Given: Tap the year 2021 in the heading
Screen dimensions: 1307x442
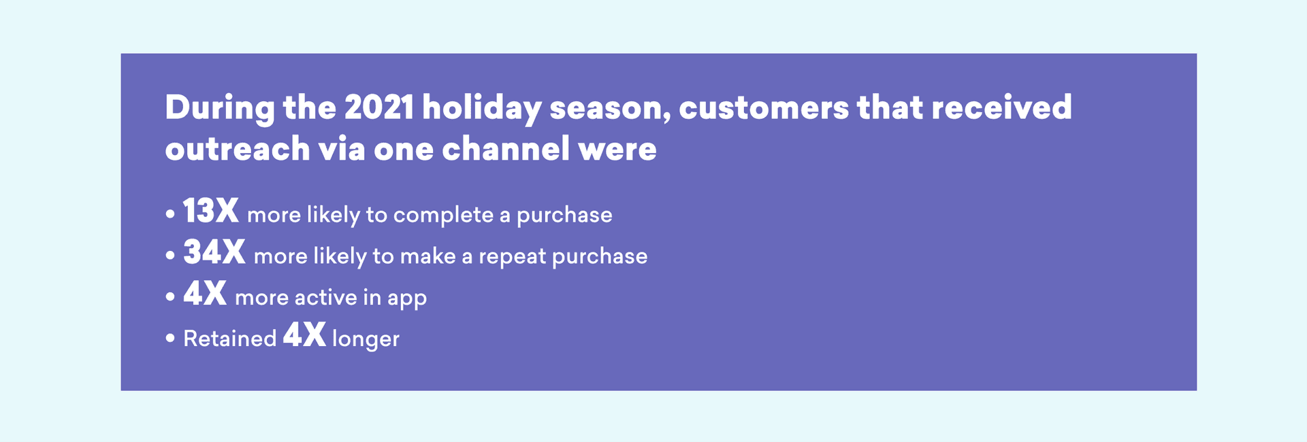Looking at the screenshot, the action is pos(378,107).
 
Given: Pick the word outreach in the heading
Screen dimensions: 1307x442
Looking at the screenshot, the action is pos(237,149).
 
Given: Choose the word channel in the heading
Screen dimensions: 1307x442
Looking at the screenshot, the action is pos(505,149).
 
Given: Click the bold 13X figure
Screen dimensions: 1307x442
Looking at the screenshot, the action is pos(210,211).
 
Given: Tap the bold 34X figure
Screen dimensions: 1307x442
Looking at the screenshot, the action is pos(214,252).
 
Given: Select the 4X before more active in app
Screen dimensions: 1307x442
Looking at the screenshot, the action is pos(204,294).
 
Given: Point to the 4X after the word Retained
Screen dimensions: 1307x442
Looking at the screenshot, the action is pos(304,335).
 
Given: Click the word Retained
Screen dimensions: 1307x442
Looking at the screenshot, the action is pos(229,338).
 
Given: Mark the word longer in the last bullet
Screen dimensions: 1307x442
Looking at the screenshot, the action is pos(366,339).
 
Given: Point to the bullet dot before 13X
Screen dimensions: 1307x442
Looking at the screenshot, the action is pos(170,215).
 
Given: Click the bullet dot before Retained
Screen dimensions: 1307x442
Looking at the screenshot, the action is pos(170,339).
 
